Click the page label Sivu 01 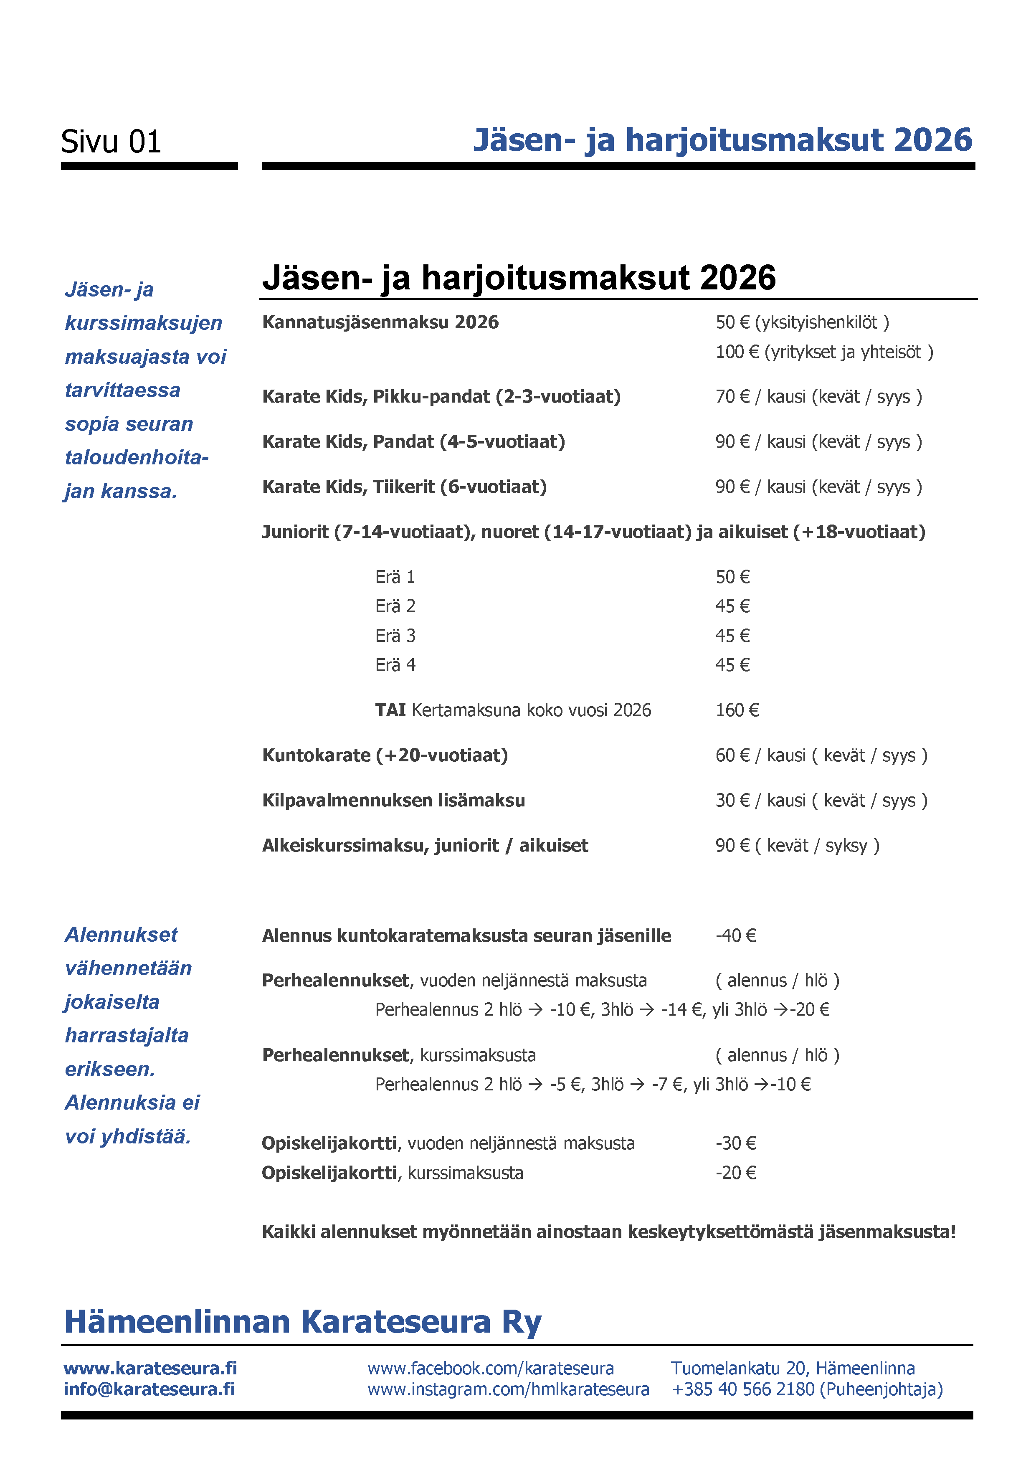[x=111, y=142]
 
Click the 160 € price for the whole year [x=737, y=710]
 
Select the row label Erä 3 [x=395, y=636]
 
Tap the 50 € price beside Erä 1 [x=732, y=577]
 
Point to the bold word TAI [x=390, y=710]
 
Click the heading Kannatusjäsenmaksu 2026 [x=380, y=322]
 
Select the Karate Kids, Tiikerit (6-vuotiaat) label [x=405, y=487]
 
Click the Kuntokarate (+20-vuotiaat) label [x=385, y=755]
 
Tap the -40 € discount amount [x=735, y=935]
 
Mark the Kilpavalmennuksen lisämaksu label [x=394, y=800]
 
